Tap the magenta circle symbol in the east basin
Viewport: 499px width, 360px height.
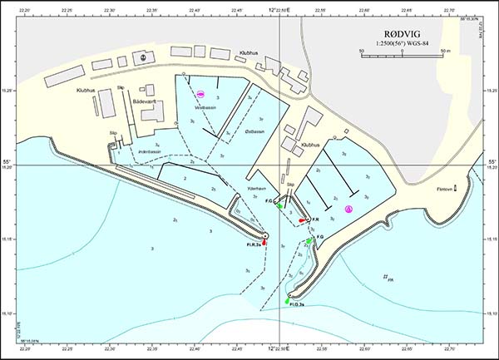[x=349, y=210]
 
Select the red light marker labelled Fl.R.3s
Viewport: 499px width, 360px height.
[x=265, y=240]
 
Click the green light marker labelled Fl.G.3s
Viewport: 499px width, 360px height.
[x=288, y=300]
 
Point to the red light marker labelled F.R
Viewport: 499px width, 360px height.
[x=303, y=220]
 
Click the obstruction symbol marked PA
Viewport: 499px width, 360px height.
[x=387, y=278]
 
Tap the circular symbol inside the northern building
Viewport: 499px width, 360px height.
[x=143, y=57]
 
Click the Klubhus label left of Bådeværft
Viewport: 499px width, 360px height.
[x=86, y=90]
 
